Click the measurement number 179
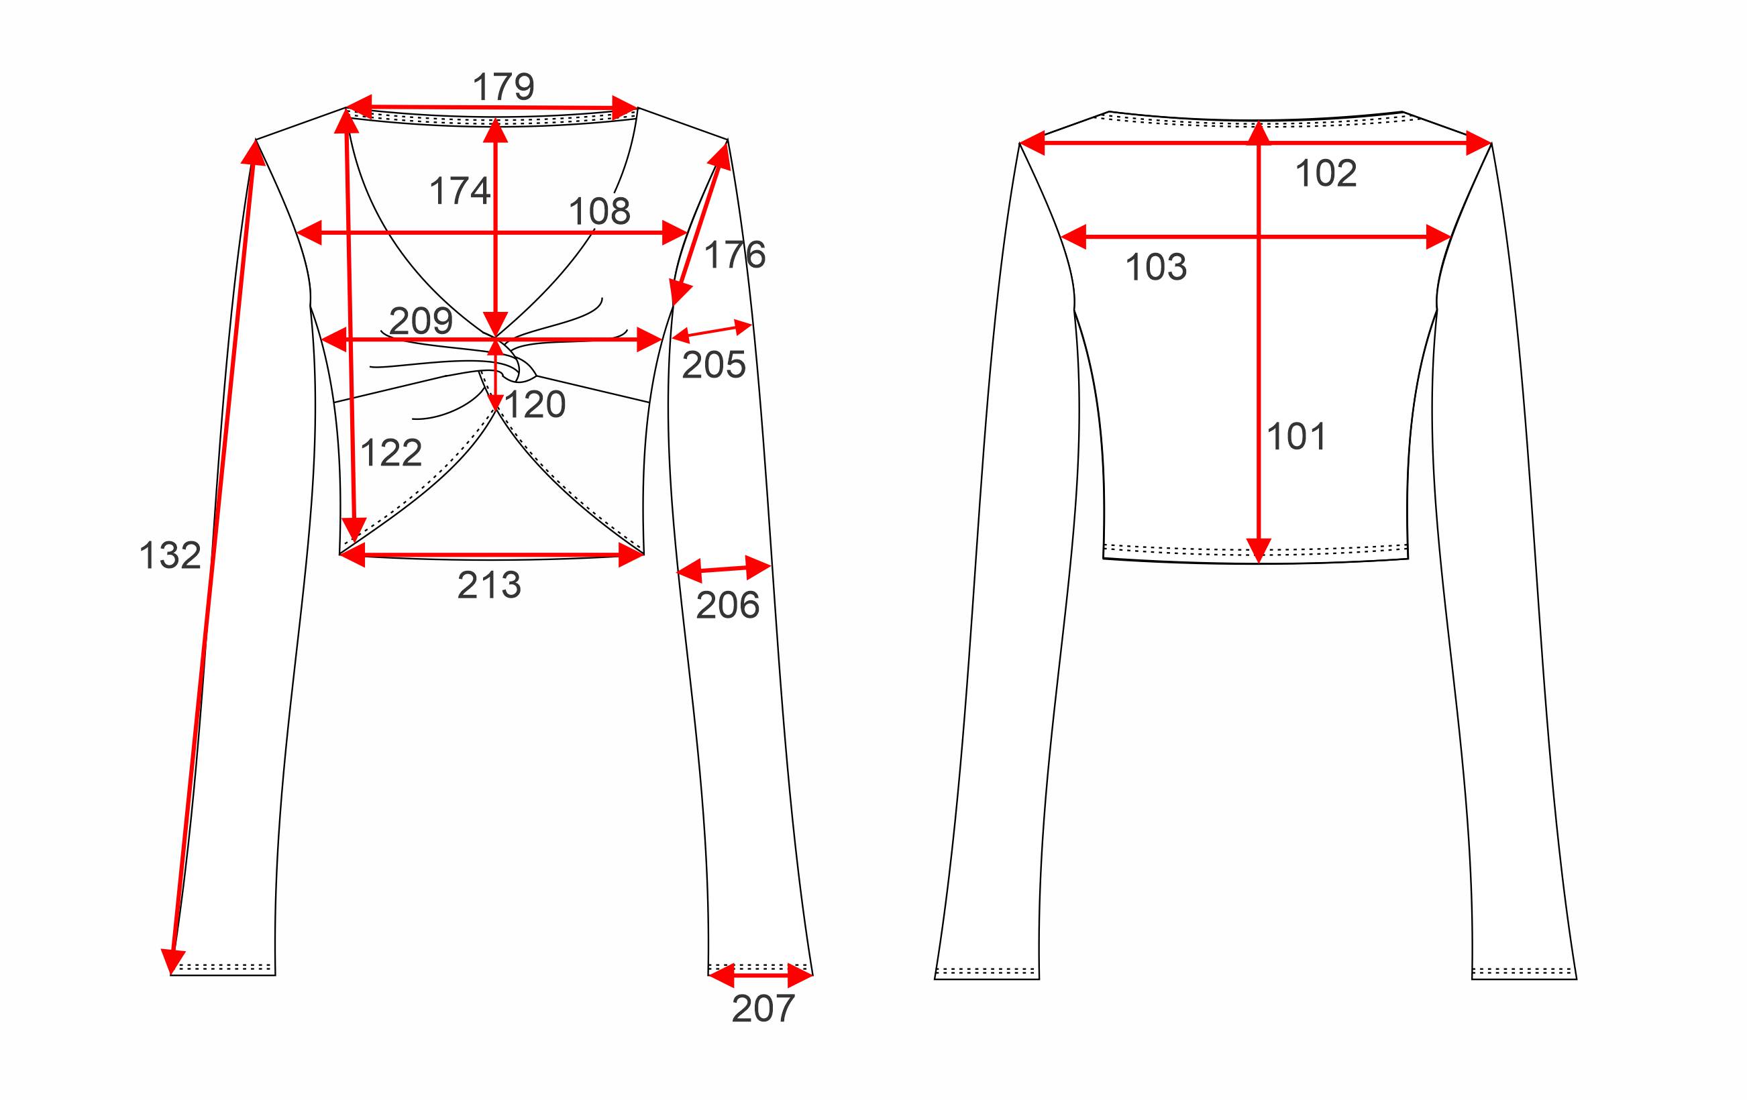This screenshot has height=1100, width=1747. click(x=503, y=87)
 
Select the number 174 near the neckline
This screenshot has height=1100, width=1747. click(x=460, y=190)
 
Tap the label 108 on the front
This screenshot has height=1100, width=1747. click(x=599, y=211)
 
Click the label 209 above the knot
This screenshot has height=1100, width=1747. click(x=421, y=321)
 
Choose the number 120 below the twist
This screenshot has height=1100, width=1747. click(x=535, y=404)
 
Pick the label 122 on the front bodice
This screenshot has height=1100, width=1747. click(x=391, y=453)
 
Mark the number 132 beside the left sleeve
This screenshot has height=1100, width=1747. click(x=170, y=555)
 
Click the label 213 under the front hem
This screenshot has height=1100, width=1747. click(x=489, y=585)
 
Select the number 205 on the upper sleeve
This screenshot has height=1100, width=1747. click(x=714, y=365)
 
